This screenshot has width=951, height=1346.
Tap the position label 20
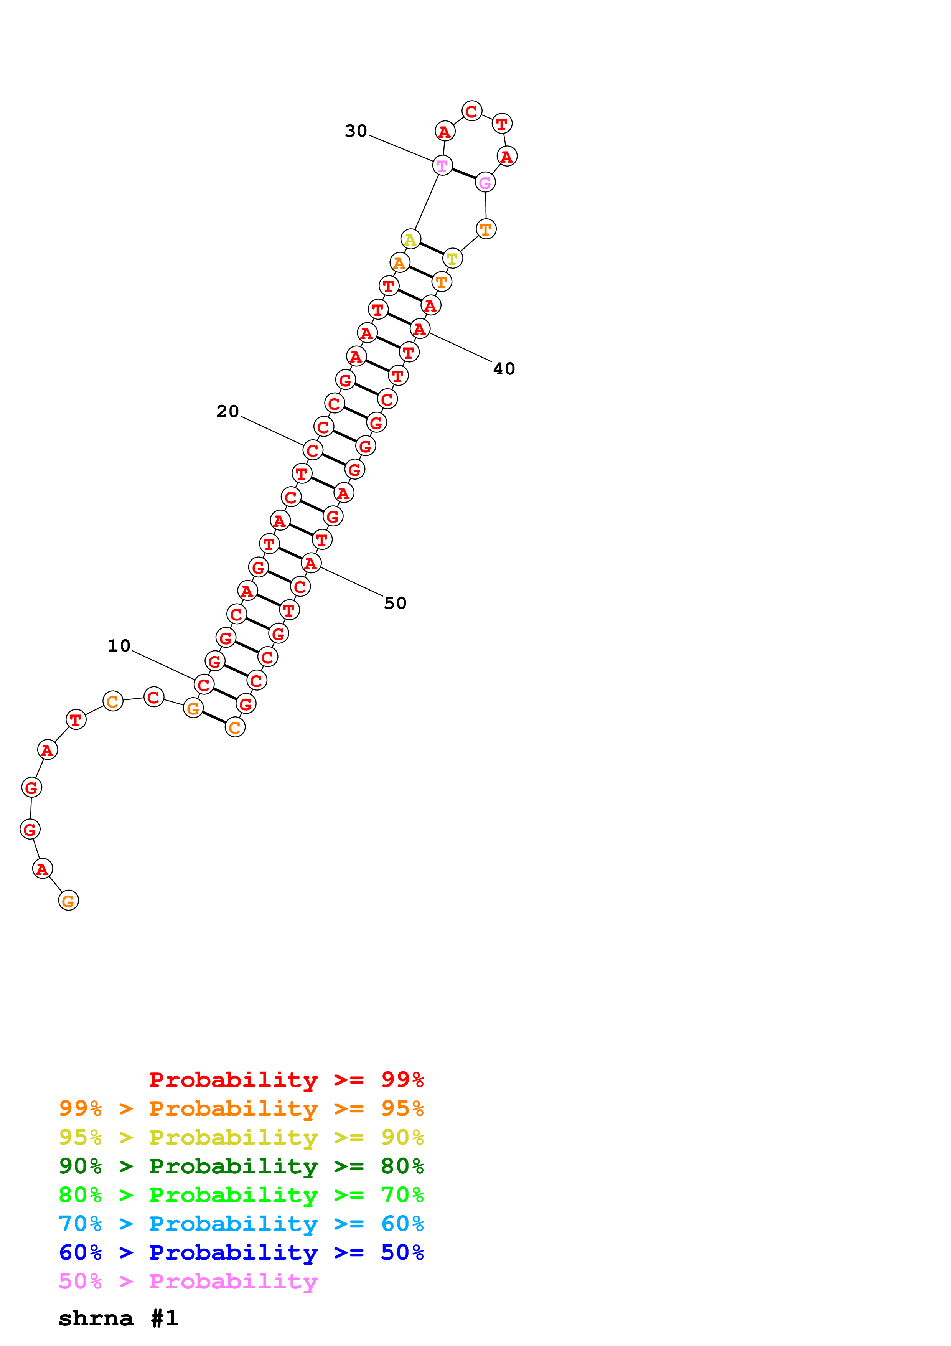227,412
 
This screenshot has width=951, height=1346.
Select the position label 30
356,131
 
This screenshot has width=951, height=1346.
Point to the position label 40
504,369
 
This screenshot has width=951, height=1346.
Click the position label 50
395,603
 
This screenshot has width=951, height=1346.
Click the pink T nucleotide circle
442,166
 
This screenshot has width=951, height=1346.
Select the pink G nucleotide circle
485,182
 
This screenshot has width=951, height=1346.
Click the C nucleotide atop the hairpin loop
472,111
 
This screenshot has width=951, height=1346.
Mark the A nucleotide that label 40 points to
420,329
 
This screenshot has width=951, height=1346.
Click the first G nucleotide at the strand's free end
69,901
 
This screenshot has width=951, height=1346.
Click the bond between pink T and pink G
463,174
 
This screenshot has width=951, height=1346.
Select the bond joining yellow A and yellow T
431,249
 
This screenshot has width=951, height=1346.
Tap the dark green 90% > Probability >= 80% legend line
241,1166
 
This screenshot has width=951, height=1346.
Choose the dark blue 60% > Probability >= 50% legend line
241,1252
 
